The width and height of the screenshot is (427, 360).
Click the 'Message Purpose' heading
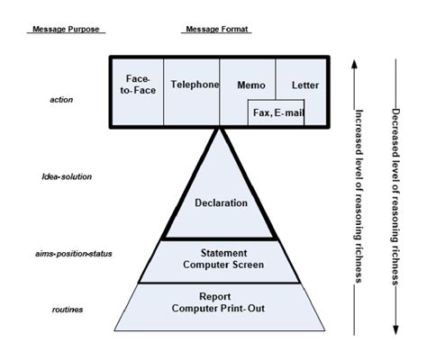68,29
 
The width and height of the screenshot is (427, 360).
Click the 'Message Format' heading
217,29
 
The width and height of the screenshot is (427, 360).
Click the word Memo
251,85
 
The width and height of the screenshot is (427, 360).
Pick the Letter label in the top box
305,85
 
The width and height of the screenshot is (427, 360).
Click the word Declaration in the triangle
221,203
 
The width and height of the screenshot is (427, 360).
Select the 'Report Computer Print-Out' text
221,301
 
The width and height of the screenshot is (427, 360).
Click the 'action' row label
61,100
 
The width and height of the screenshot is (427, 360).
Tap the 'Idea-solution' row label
67,176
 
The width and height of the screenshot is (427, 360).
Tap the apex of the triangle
219,129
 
